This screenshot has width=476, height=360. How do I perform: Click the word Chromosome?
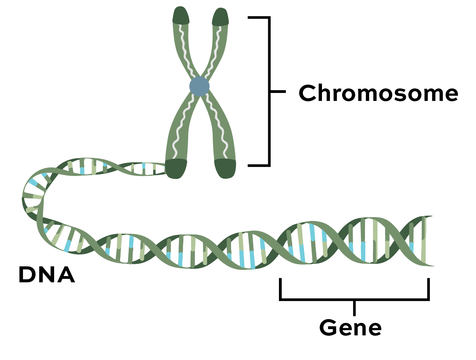point(378,93)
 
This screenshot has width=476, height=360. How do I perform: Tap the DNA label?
point(46,275)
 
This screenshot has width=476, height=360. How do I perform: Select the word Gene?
point(350,328)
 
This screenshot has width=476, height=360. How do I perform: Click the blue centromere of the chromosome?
point(199,86)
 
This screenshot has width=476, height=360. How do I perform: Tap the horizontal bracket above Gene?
point(354,299)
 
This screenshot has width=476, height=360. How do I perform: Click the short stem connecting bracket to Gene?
point(354,308)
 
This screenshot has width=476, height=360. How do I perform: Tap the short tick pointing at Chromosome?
point(278,92)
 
